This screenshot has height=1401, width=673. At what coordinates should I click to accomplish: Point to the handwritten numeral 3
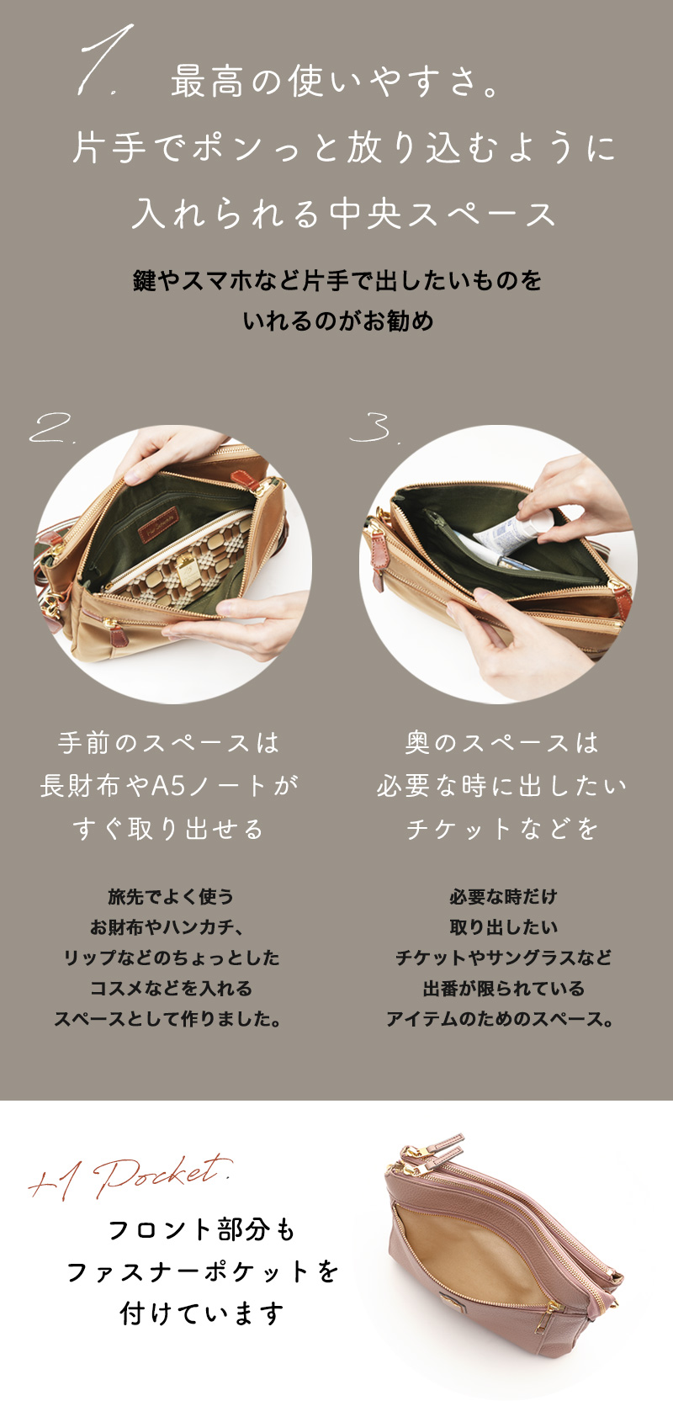coord(372,427)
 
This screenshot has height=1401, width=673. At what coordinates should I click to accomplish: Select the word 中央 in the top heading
coord(364,214)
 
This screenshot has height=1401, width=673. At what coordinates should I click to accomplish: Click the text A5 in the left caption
coord(168,785)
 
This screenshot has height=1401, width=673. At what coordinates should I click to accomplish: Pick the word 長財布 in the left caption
coord(79,785)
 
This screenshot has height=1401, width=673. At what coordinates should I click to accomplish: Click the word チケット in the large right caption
coord(458,829)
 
